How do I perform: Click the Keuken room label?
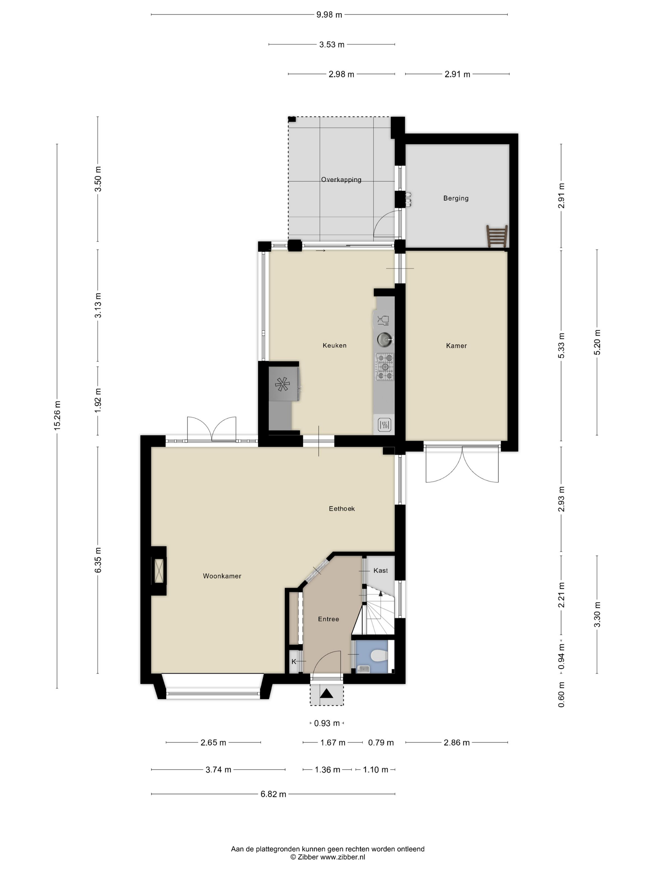pos(334,345)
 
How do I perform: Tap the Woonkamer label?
pos(222,576)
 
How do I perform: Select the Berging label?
pos(456,198)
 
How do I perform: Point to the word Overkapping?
pos(341,179)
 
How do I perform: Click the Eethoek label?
pos(342,508)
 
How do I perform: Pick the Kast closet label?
pos(381,570)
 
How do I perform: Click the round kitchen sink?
pos(384,339)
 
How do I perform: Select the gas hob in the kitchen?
pos(384,367)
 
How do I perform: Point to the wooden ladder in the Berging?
pos(497,236)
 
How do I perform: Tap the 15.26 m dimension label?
pos(58,415)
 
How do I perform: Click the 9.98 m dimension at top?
pos(329,15)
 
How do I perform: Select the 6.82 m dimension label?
pos(273,794)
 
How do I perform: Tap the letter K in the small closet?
pos(294,662)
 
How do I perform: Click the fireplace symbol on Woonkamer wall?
pos(159,571)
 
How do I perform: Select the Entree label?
pos(328,619)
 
